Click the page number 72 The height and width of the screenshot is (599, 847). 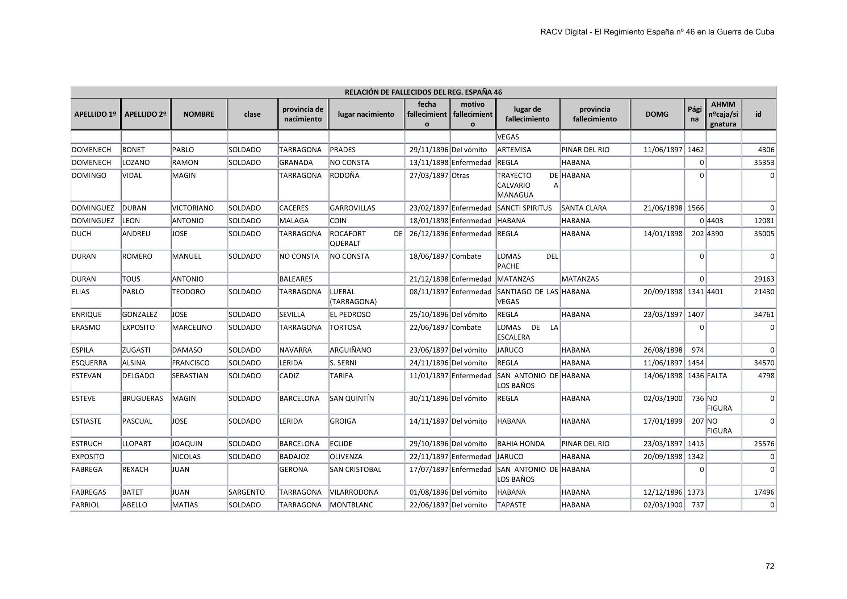point(770,566)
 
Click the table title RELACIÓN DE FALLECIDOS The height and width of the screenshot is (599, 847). point(423,92)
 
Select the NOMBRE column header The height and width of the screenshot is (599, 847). point(198,114)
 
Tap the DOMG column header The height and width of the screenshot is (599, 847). point(657,114)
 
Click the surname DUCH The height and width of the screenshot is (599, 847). point(81,234)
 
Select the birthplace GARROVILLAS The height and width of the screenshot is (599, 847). point(352,208)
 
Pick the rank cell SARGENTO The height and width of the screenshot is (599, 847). point(247,492)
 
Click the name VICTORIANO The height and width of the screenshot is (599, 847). point(193,208)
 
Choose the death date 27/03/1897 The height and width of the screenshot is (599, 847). point(429,175)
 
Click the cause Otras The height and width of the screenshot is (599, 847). point(460,175)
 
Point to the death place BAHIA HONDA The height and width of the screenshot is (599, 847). point(520,444)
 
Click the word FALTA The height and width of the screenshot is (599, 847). point(717,376)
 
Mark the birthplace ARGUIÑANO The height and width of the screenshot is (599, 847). point(351,350)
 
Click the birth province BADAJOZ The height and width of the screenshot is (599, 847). point(294,457)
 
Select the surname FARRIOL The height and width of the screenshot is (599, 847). point(85,505)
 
